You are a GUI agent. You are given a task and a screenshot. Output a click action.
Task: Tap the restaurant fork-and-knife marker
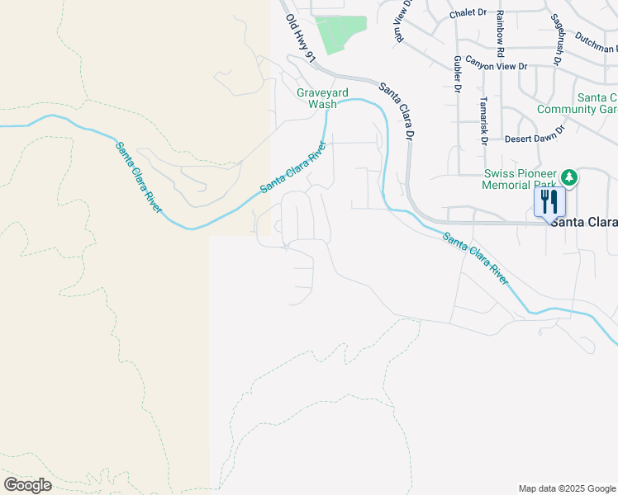click(x=550, y=201)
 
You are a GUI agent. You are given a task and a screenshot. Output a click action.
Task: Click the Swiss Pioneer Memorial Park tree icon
click(x=568, y=177)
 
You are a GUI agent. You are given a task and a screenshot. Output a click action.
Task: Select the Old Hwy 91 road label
click(x=301, y=36)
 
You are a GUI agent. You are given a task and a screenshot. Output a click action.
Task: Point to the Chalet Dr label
click(x=468, y=14)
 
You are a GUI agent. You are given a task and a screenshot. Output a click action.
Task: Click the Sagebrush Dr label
click(x=557, y=39)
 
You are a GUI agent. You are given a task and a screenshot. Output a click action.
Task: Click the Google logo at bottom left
click(x=27, y=484)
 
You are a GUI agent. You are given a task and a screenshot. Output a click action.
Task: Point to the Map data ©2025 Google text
click(x=567, y=488)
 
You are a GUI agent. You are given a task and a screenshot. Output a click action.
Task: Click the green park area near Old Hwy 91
click(x=340, y=34)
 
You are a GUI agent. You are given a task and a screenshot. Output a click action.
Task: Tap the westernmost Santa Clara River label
click(x=138, y=177)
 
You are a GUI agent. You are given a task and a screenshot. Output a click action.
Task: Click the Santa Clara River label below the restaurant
click(x=475, y=259)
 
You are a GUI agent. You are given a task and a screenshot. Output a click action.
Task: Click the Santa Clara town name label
click(x=583, y=222)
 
